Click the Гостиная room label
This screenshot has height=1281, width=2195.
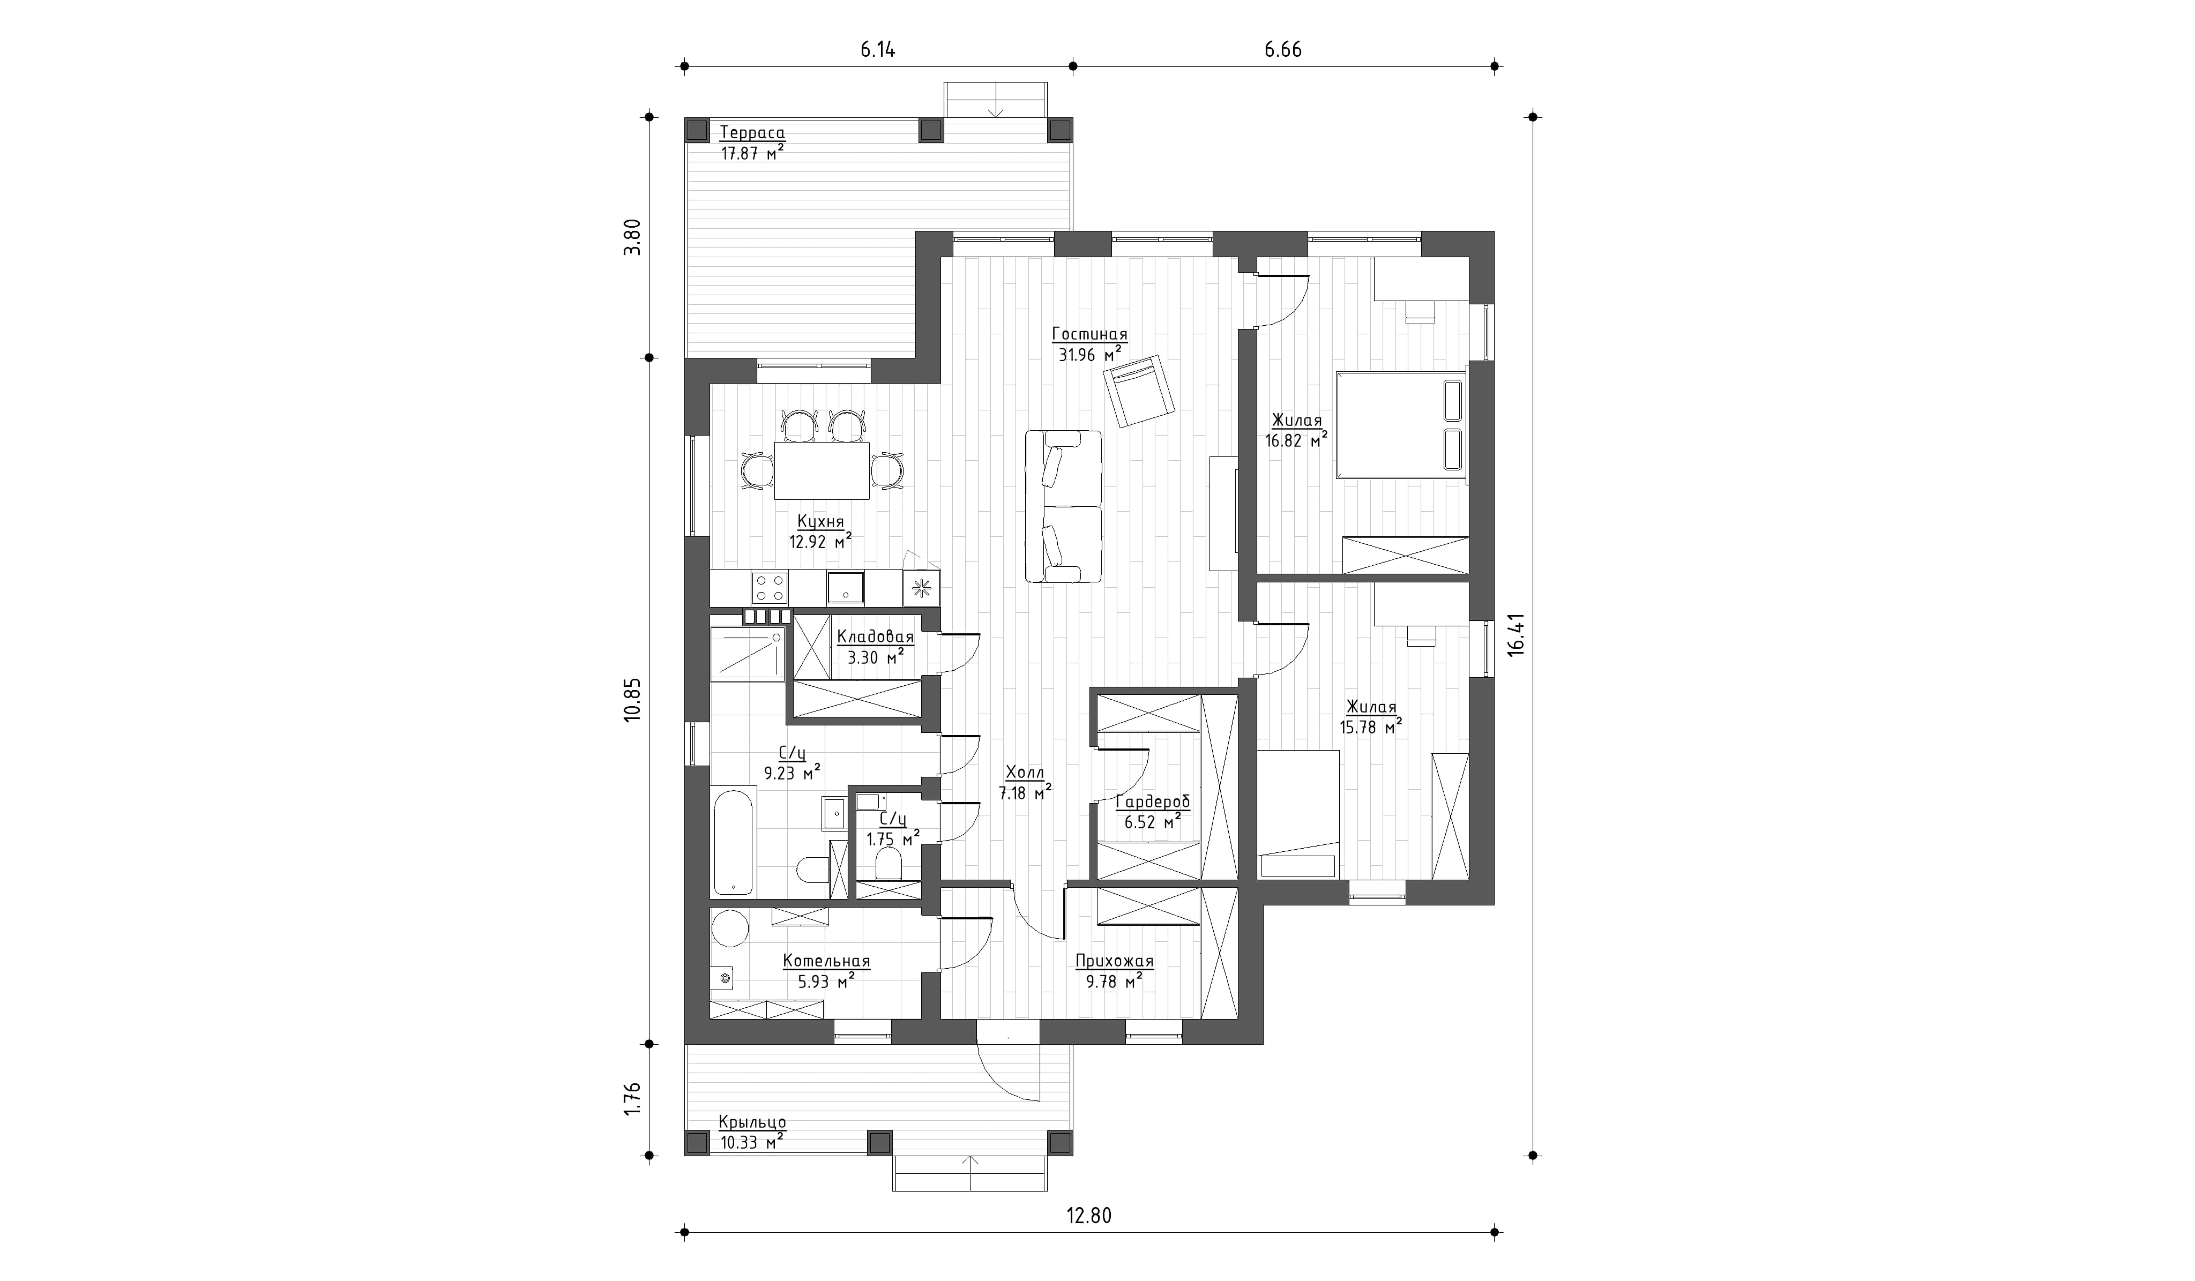(1089, 334)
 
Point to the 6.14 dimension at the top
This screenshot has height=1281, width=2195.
(878, 50)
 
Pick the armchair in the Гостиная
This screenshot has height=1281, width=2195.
(1138, 391)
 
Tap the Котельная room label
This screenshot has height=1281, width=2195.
(827, 961)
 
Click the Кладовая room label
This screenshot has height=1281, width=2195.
(876, 636)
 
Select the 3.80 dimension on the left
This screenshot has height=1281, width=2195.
(633, 236)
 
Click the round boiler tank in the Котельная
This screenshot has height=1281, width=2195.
(730, 928)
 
